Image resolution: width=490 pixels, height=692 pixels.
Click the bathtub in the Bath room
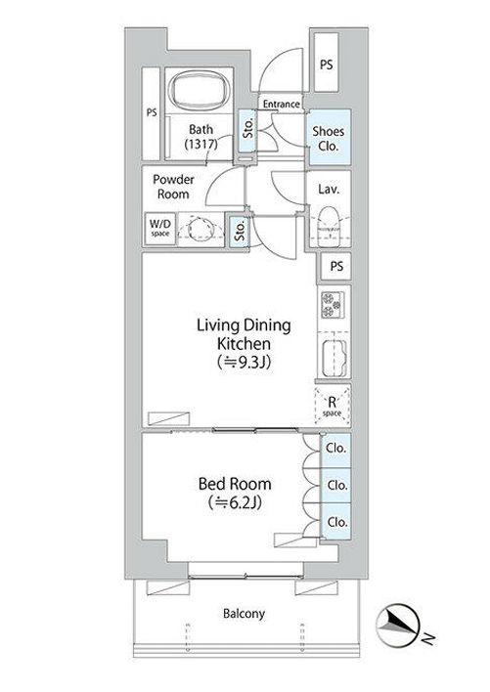point(200,91)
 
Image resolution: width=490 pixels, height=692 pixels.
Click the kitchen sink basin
point(334,358)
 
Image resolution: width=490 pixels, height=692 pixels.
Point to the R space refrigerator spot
point(332,406)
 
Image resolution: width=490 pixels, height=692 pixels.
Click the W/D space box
point(160,228)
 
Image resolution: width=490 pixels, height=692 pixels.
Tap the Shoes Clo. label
point(328,138)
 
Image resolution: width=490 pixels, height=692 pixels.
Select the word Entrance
point(282,105)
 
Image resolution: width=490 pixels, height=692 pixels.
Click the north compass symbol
point(398,626)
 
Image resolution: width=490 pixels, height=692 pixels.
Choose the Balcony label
point(244,614)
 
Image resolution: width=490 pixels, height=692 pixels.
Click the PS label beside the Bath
point(152,112)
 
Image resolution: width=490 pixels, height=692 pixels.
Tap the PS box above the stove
point(335,266)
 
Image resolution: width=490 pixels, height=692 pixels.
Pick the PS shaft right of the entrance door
point(327,63)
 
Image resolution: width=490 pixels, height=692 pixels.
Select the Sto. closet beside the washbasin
point(239,231)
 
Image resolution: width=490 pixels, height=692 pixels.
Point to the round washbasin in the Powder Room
point(200,229)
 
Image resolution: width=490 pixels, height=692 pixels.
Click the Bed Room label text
point(235,484)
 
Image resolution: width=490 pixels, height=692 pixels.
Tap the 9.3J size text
point(244,363)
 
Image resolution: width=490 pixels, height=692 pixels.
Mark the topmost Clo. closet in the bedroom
point(335,450)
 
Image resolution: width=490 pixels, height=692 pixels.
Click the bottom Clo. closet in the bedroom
point(336,522)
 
